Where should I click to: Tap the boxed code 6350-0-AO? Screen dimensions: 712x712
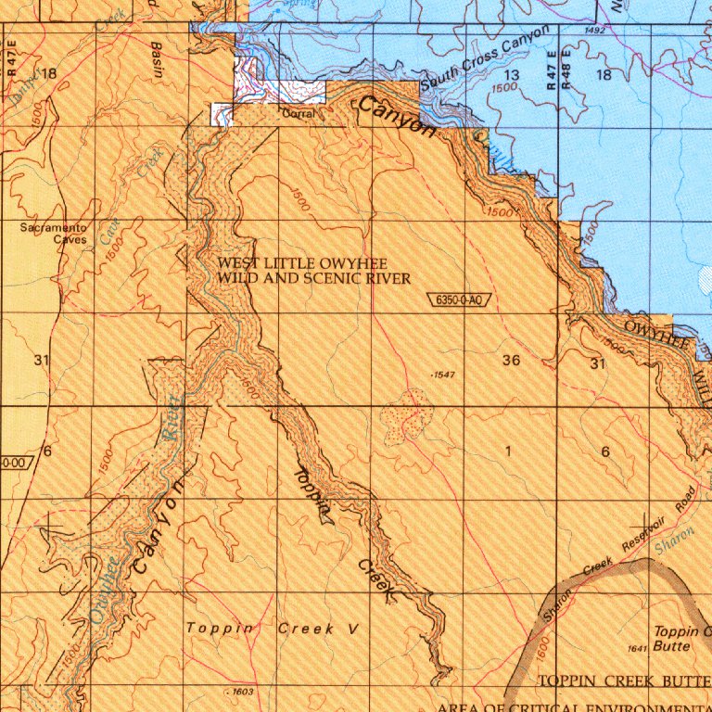[458, 299]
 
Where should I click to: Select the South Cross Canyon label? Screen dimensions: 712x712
[485, 59]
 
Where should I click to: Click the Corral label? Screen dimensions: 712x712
[298, 113]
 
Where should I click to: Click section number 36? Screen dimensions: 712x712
[511, 360]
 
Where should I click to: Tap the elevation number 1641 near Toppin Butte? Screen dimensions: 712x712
[636, 648]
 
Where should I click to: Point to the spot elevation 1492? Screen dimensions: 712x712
[595, 31]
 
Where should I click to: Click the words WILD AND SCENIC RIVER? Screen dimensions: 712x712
[313, 278]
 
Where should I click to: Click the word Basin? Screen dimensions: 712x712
[157, 61]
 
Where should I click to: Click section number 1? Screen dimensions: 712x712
[508, 451]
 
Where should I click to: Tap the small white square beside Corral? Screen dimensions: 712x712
[222, 114]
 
